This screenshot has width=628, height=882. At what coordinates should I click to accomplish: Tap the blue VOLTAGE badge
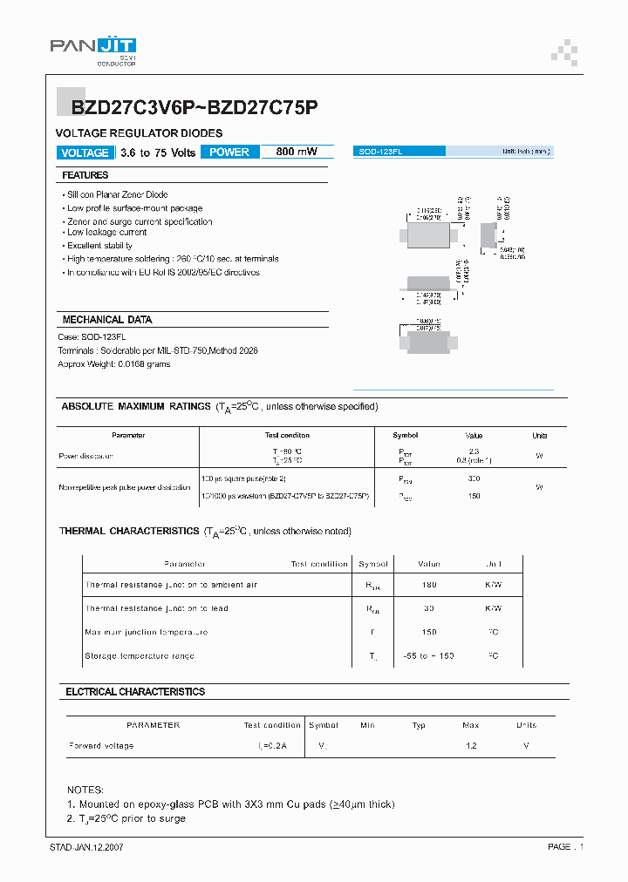click(85, 153)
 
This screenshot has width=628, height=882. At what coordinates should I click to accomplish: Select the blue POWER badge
click(229, 153)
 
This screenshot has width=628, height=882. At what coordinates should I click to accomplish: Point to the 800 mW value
click(297, 153)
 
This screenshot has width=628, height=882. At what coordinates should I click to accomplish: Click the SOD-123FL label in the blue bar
click(380, 152)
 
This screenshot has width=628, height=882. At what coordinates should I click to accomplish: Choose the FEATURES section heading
click(85, 175)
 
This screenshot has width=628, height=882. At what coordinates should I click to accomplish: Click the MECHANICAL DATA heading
click(107, 320)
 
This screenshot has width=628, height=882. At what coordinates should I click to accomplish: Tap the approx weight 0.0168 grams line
click(113, 363)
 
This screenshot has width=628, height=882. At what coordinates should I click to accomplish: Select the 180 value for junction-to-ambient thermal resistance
click(428, 585)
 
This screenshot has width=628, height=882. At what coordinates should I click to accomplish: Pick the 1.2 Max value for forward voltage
click(470, 746)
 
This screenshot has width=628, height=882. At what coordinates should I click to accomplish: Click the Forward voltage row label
click(101, 746)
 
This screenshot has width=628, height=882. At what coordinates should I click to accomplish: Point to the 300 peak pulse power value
click(474, 478)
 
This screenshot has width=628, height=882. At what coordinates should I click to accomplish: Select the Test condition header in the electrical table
click(272, 725)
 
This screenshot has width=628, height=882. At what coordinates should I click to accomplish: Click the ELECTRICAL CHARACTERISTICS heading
click(135, 691)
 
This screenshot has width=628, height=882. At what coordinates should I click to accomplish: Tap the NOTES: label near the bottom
click(85, 789)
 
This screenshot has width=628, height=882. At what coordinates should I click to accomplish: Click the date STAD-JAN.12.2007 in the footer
click(86, 847)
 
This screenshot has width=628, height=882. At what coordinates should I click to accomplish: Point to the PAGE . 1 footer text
click(565, 847)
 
